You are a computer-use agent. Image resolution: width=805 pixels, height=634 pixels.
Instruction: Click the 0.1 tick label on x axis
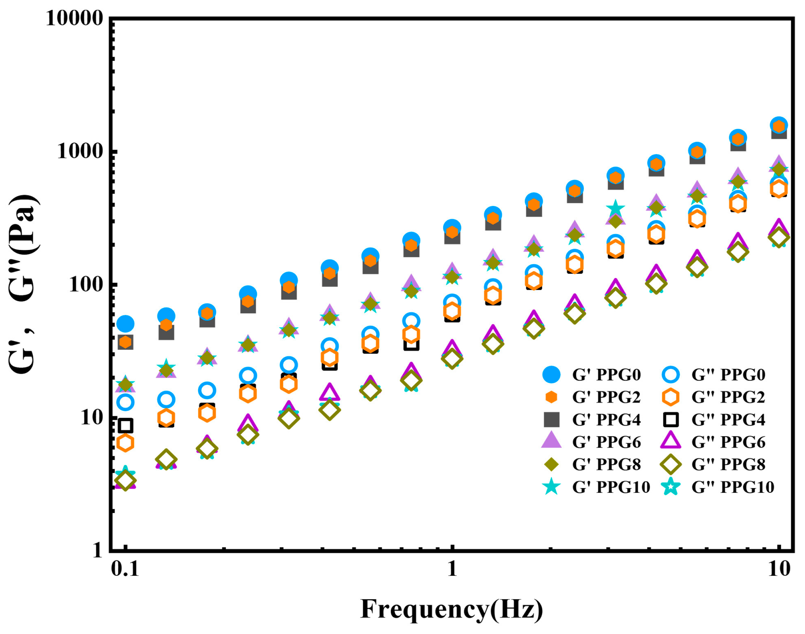125,569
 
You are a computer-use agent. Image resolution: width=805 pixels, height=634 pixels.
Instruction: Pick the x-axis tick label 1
452,569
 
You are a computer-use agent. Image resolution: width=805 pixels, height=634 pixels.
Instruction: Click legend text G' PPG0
606,375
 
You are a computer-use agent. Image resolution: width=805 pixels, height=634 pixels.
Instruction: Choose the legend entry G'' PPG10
732,487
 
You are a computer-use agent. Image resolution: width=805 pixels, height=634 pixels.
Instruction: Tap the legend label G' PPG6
606,442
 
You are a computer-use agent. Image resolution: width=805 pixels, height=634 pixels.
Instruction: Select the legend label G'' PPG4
728,420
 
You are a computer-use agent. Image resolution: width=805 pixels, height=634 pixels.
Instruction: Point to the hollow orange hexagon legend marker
670,397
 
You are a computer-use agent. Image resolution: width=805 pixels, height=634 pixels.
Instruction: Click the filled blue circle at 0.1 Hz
125,324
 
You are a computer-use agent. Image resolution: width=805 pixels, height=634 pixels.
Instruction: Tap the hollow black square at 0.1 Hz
125,426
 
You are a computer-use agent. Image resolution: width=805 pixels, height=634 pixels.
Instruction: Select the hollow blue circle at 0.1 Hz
125,402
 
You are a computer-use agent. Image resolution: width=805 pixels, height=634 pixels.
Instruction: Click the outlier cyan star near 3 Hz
615,209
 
